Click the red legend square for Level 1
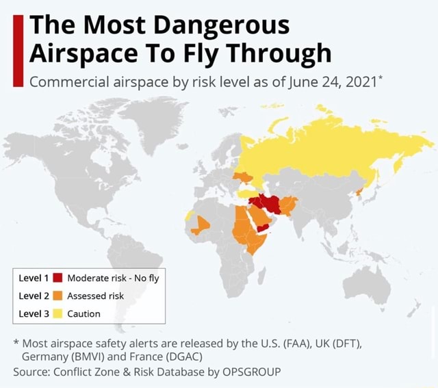[57, 278]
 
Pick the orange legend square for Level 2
[57, 296]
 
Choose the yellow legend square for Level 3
[57, 313]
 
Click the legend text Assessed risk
[95, 296]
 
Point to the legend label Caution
[83, 313]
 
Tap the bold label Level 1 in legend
[34, 278]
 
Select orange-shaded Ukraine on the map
[244, 179]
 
